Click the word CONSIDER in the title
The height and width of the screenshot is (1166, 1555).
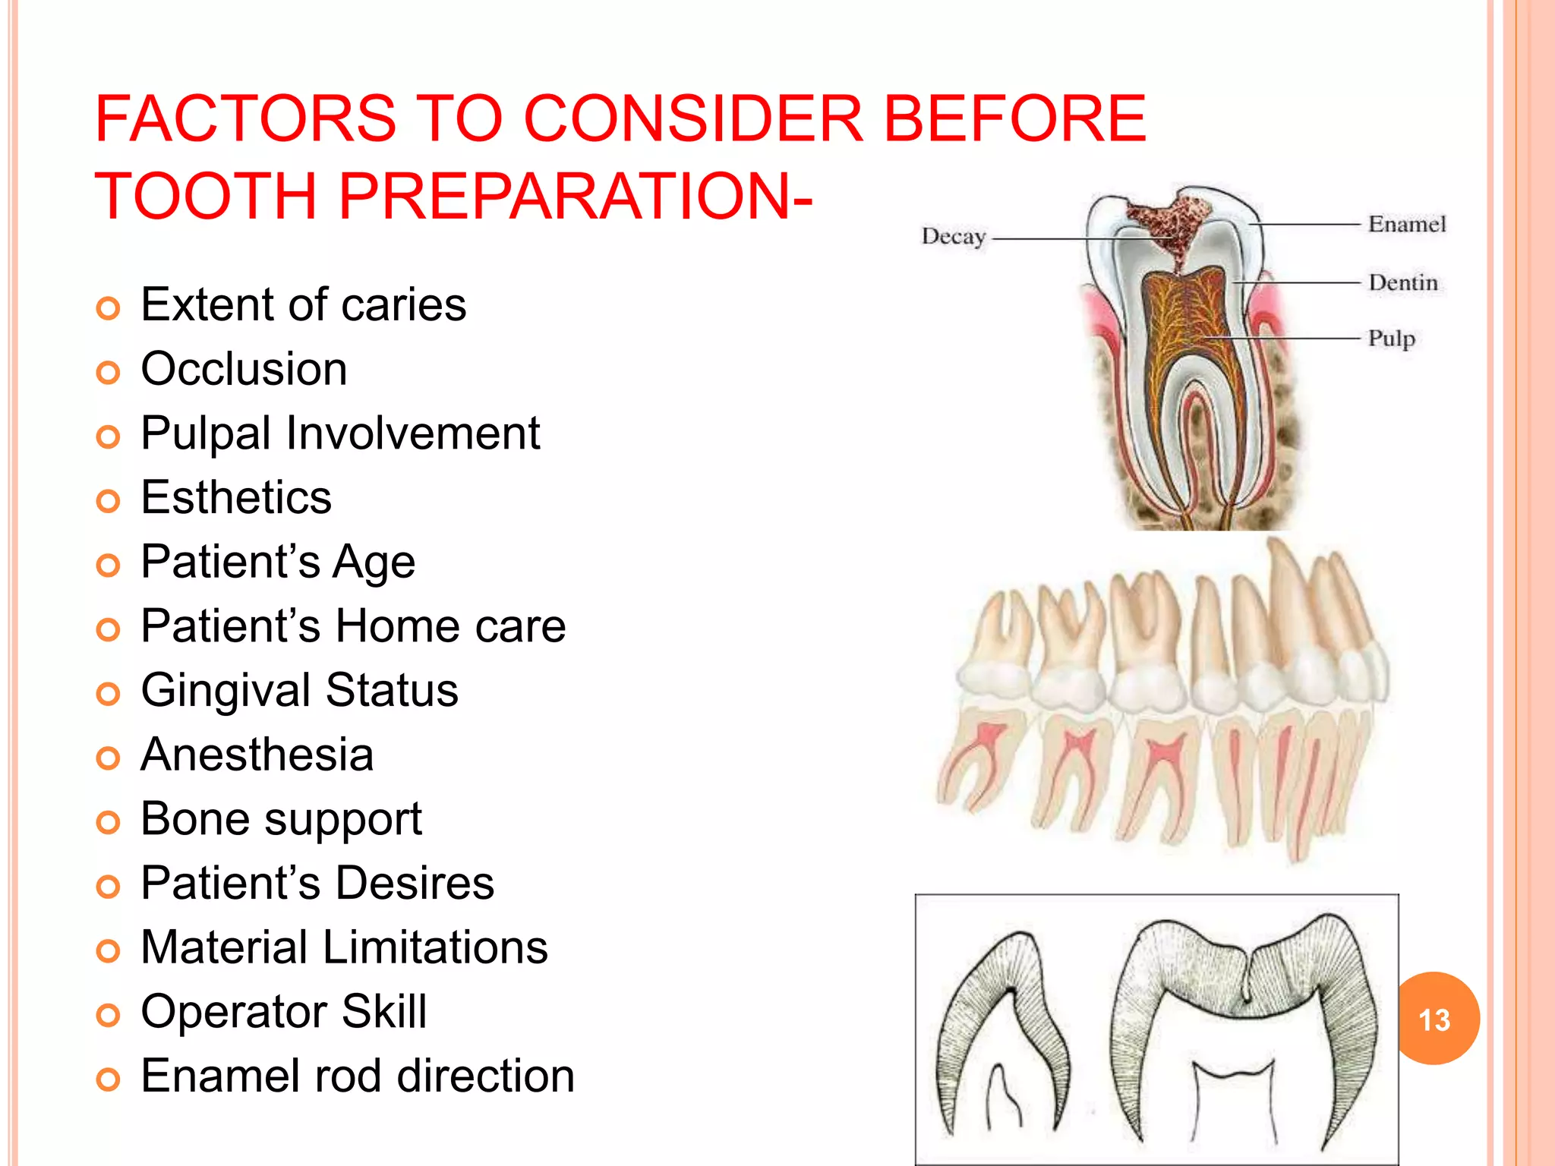(x=693, y=118)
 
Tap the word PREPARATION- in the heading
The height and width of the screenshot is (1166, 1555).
(x=575, y=196)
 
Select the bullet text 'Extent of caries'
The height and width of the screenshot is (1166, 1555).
(x=303, y=305)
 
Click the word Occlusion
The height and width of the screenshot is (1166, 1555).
(x=244, y=370)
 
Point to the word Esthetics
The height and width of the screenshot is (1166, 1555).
(x=236, y=498)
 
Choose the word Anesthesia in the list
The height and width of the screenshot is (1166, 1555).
(x=257, y=755)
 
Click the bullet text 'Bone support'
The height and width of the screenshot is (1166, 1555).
(x=281, y=820)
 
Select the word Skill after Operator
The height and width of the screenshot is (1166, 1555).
(x=383, y=1012)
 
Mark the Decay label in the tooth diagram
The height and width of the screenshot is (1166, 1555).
(x=953, y=237)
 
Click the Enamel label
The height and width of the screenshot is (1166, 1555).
(x=1406, y=225)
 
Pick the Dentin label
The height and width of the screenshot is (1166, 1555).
(x=1402, y=283)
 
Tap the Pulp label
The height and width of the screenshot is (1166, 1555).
(x=1391, y=339)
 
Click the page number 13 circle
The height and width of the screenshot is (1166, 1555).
(x=1434, y=1019)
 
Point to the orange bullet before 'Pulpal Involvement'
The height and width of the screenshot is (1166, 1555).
(x=109, y=437)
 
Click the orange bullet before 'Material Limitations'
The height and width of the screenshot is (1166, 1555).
(x=109, y=951)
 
